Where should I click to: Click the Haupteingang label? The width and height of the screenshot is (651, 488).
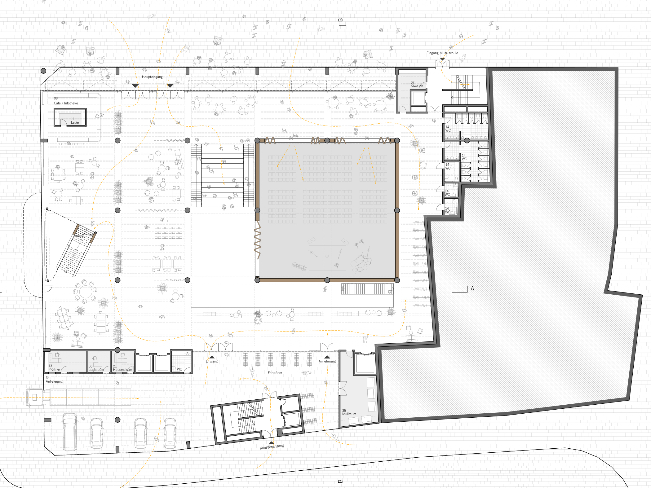(x=152, y=77)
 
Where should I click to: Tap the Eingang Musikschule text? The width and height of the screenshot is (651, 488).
(x=442, y=53)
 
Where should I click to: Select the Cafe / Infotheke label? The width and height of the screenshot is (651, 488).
(x=66, y=103)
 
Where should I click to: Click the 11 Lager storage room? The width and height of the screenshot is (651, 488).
(x=70, y=117)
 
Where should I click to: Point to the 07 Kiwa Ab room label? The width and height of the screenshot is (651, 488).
(x=417, y=84)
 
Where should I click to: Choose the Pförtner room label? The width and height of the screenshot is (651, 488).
(x=54, y=369)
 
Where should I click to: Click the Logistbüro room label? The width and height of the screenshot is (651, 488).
(x=96, y=370)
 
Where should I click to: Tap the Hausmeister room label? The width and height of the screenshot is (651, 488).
(x=122, y=370)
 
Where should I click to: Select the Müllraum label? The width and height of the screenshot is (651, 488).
(x=349, y=414)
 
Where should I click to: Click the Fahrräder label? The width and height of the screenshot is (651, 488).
(x=275, y=373)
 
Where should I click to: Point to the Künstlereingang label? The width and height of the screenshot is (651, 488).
(x=272, y=447)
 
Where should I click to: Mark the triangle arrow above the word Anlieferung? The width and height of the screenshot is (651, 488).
(x=327, y=357)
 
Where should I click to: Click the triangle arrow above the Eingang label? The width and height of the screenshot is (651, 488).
(x=212, y=357)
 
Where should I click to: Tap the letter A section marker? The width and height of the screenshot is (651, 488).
(x=472, y=288)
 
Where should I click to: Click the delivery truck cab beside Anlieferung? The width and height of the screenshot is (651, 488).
(x=34, y=397)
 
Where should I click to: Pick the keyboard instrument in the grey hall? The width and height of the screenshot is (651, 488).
(x=299, y=266)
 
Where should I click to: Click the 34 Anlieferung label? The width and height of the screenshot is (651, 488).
(x=54, y=380)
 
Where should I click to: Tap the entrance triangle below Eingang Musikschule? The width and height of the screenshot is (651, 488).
(x=442, y=59)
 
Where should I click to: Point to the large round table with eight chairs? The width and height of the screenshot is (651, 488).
(x=86, y=291)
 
